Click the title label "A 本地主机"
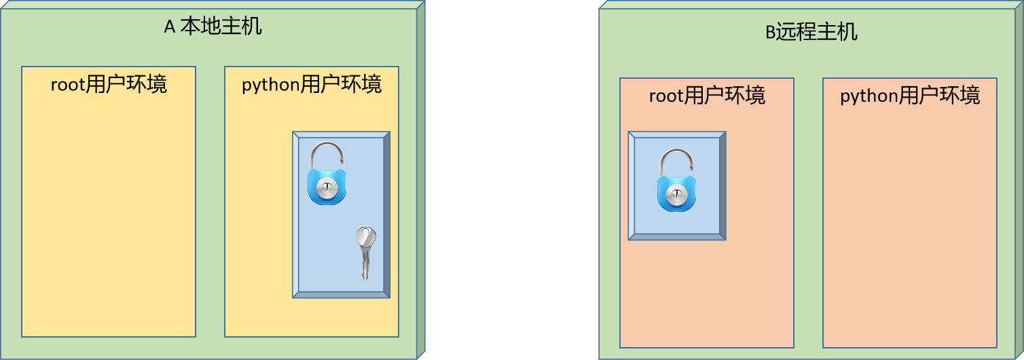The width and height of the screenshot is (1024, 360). point(213,27)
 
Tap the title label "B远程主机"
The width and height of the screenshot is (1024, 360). point(811,32)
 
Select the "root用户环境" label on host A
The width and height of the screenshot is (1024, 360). point(109,84)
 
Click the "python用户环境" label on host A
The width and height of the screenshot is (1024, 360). point(312,84)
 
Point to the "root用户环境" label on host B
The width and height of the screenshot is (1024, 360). point(707,96)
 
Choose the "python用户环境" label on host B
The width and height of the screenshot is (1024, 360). point(910,96)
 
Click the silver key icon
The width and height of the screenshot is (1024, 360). point(365,252)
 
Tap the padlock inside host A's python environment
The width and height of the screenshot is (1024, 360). point(327,174)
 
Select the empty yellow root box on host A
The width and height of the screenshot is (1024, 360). point(109,217)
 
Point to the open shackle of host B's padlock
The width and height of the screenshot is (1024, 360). point(676,162)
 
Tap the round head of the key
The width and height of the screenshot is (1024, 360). point(366,237)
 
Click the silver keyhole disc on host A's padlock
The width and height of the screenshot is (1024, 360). point(327,190)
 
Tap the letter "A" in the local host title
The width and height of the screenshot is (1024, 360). point(170,27)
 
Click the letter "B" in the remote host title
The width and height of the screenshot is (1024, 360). point(770,33)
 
